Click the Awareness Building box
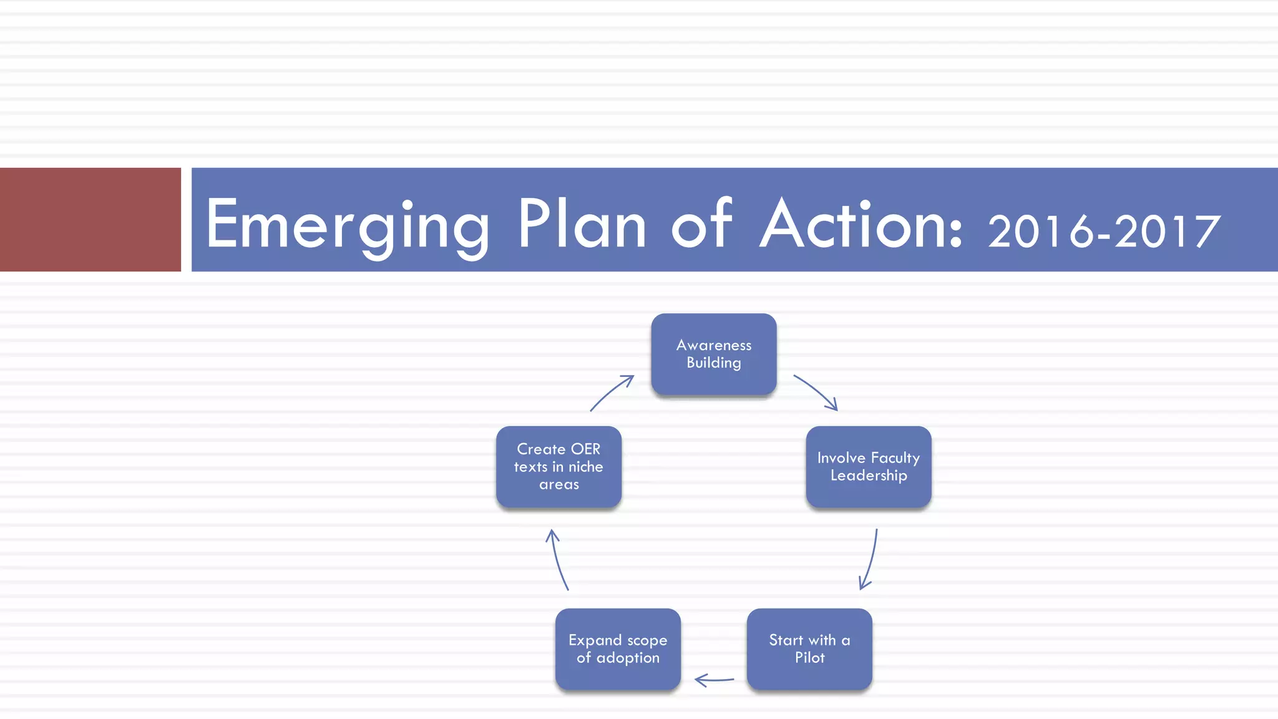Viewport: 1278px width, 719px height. (x=714, y=354)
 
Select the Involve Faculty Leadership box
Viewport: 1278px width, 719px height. (x=869, y=466)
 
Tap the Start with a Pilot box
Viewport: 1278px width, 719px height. (x=809, y=648)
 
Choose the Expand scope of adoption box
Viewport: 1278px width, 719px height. (x=618, y=648)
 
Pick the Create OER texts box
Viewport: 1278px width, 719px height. (x=559, y=466)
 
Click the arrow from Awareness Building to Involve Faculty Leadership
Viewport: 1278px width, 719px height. (x=816, y=391)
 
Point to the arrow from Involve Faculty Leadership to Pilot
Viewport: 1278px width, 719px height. (x=871, y=560)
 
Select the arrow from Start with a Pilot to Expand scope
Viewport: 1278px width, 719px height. (x=715, y=680)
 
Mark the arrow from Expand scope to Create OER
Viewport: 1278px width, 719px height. (x=558, y=560)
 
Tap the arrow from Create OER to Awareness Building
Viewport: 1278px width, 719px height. (x=612, y=392)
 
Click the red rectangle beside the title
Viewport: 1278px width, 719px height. (x=90, y=219)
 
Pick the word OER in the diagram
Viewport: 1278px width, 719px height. (x=585, y=449)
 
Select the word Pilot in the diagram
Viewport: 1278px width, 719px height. (x=809, y=657)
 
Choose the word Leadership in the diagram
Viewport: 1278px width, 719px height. (x=869, y=476)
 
